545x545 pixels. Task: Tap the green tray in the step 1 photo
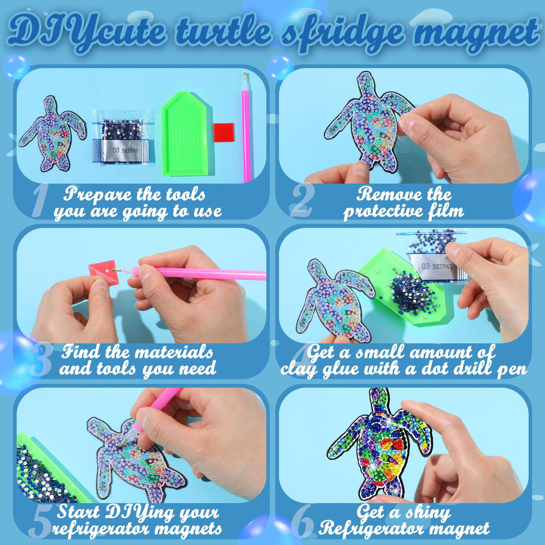(x=185, y=133)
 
